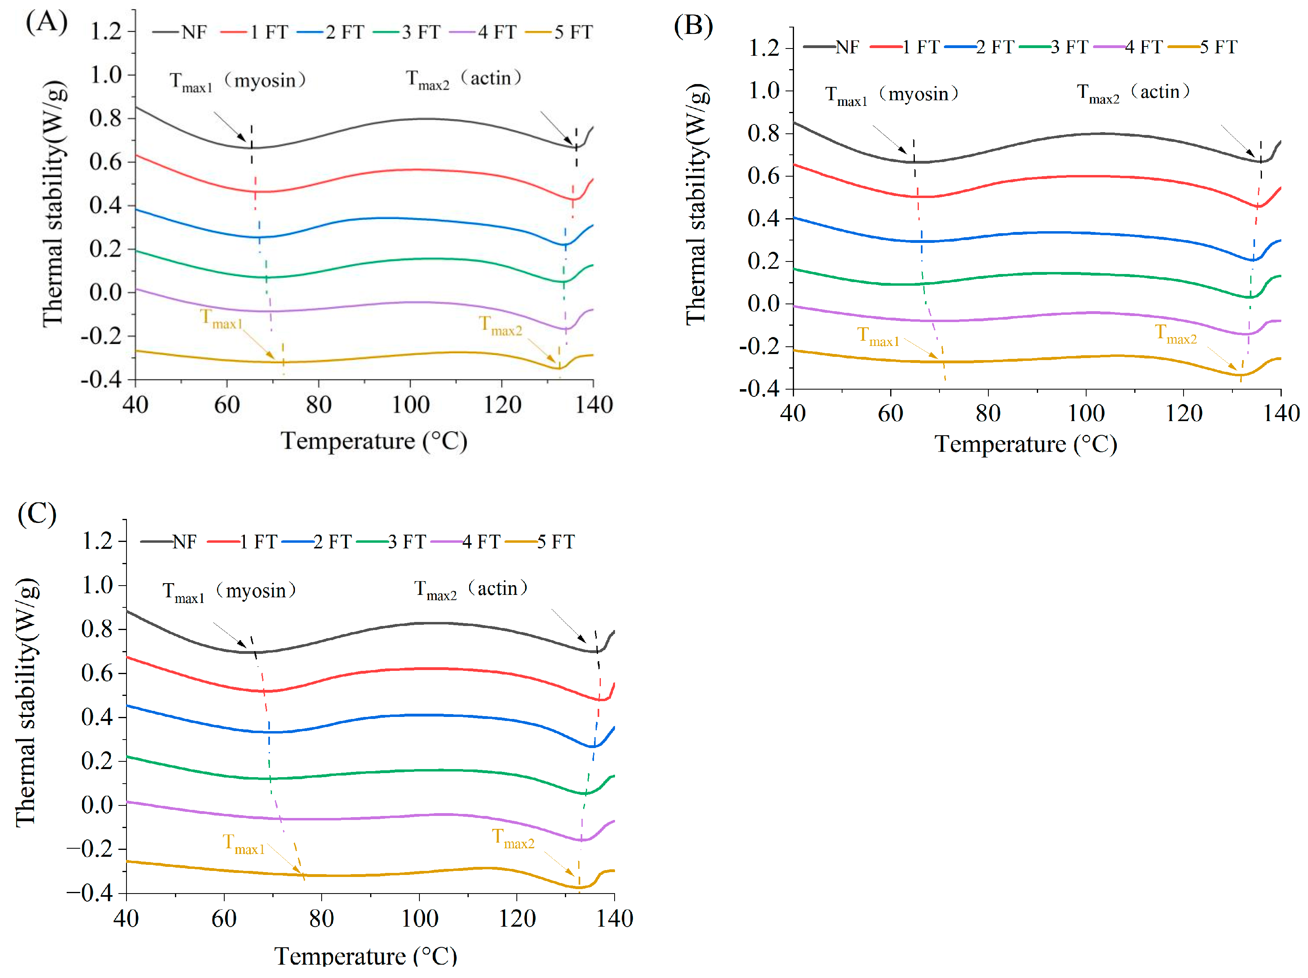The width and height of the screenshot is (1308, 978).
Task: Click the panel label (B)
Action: point(694,26)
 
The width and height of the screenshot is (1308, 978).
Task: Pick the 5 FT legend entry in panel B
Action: point(1203,47)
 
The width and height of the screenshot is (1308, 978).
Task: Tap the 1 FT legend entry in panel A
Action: point(254,32)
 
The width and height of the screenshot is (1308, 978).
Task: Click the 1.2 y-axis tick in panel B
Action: point(764,48)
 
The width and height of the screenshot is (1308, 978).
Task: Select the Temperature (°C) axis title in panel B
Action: point(1026,444)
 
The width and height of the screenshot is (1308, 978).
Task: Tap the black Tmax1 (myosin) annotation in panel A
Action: point(238,81)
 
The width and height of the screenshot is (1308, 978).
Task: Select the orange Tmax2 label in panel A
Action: point(500,326)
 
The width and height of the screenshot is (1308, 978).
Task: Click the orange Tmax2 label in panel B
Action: point(1175,334)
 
